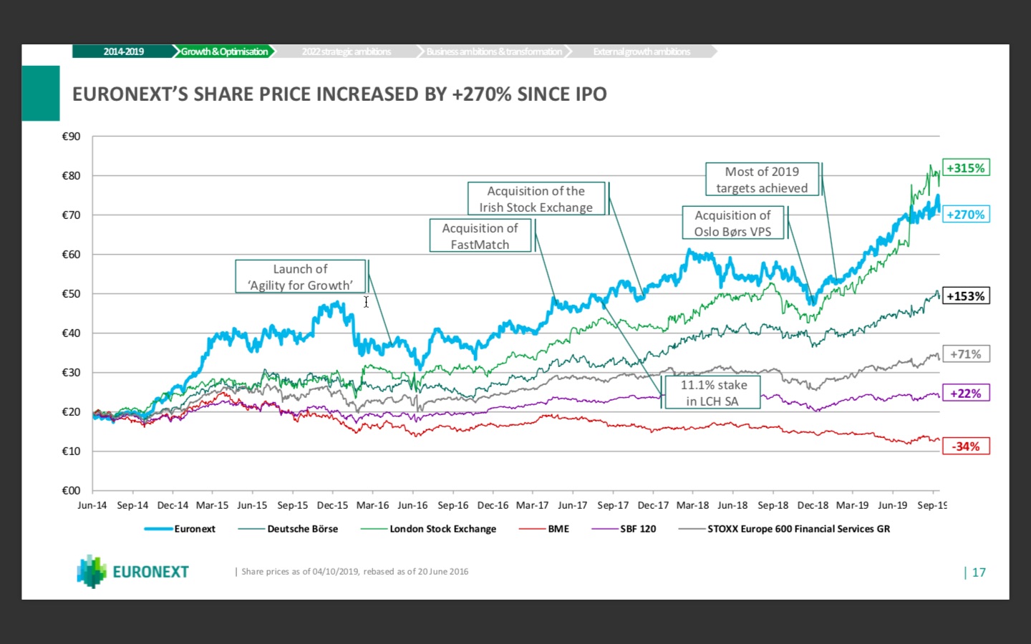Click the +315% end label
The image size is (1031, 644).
click(x=966, y=168)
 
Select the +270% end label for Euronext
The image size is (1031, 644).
click(x=966, y=214)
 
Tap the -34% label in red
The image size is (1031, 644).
click(x=966, y=447)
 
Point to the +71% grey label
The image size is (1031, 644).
click(x=966, y=354)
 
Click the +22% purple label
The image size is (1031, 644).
click(x=966, y=394)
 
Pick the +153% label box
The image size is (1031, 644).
click(x=966, y=296)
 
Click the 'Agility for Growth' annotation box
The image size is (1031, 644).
click(x=301, y=277)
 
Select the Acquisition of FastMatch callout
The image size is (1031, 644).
click(x=480, y=235)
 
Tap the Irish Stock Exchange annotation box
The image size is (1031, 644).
click(x=536, y=199)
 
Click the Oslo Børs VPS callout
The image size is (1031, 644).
click(x=733, y=223)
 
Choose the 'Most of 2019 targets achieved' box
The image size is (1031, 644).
click(x=762, y=180)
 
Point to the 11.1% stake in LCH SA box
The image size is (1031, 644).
click(x=713, y=393)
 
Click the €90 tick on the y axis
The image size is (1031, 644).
click(x=72, y=137)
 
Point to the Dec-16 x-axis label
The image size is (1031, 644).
click(x=493, y=505)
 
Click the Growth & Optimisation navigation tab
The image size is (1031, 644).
click(x=224, y=52)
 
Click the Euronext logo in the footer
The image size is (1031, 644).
click(x=133, y=572)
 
